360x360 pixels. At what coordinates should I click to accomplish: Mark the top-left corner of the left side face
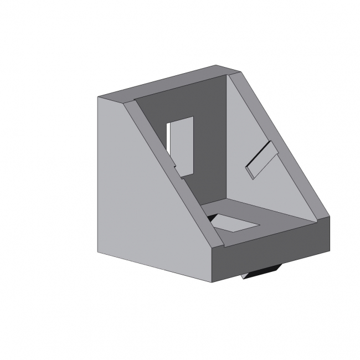point(99,97)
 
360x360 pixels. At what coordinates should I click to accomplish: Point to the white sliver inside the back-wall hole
point(168,138)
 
